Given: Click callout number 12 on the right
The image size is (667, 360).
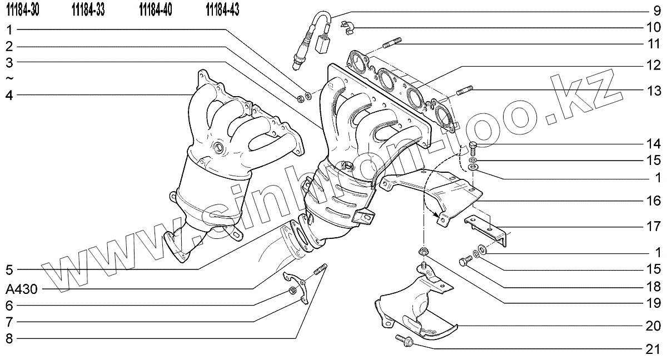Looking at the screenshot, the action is click(654, 66).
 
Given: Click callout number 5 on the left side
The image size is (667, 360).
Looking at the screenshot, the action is click(9, 271).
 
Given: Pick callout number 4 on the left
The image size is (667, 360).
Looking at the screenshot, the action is click(9, 94).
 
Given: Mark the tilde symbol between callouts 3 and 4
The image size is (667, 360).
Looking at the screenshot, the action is click(9, 78).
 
